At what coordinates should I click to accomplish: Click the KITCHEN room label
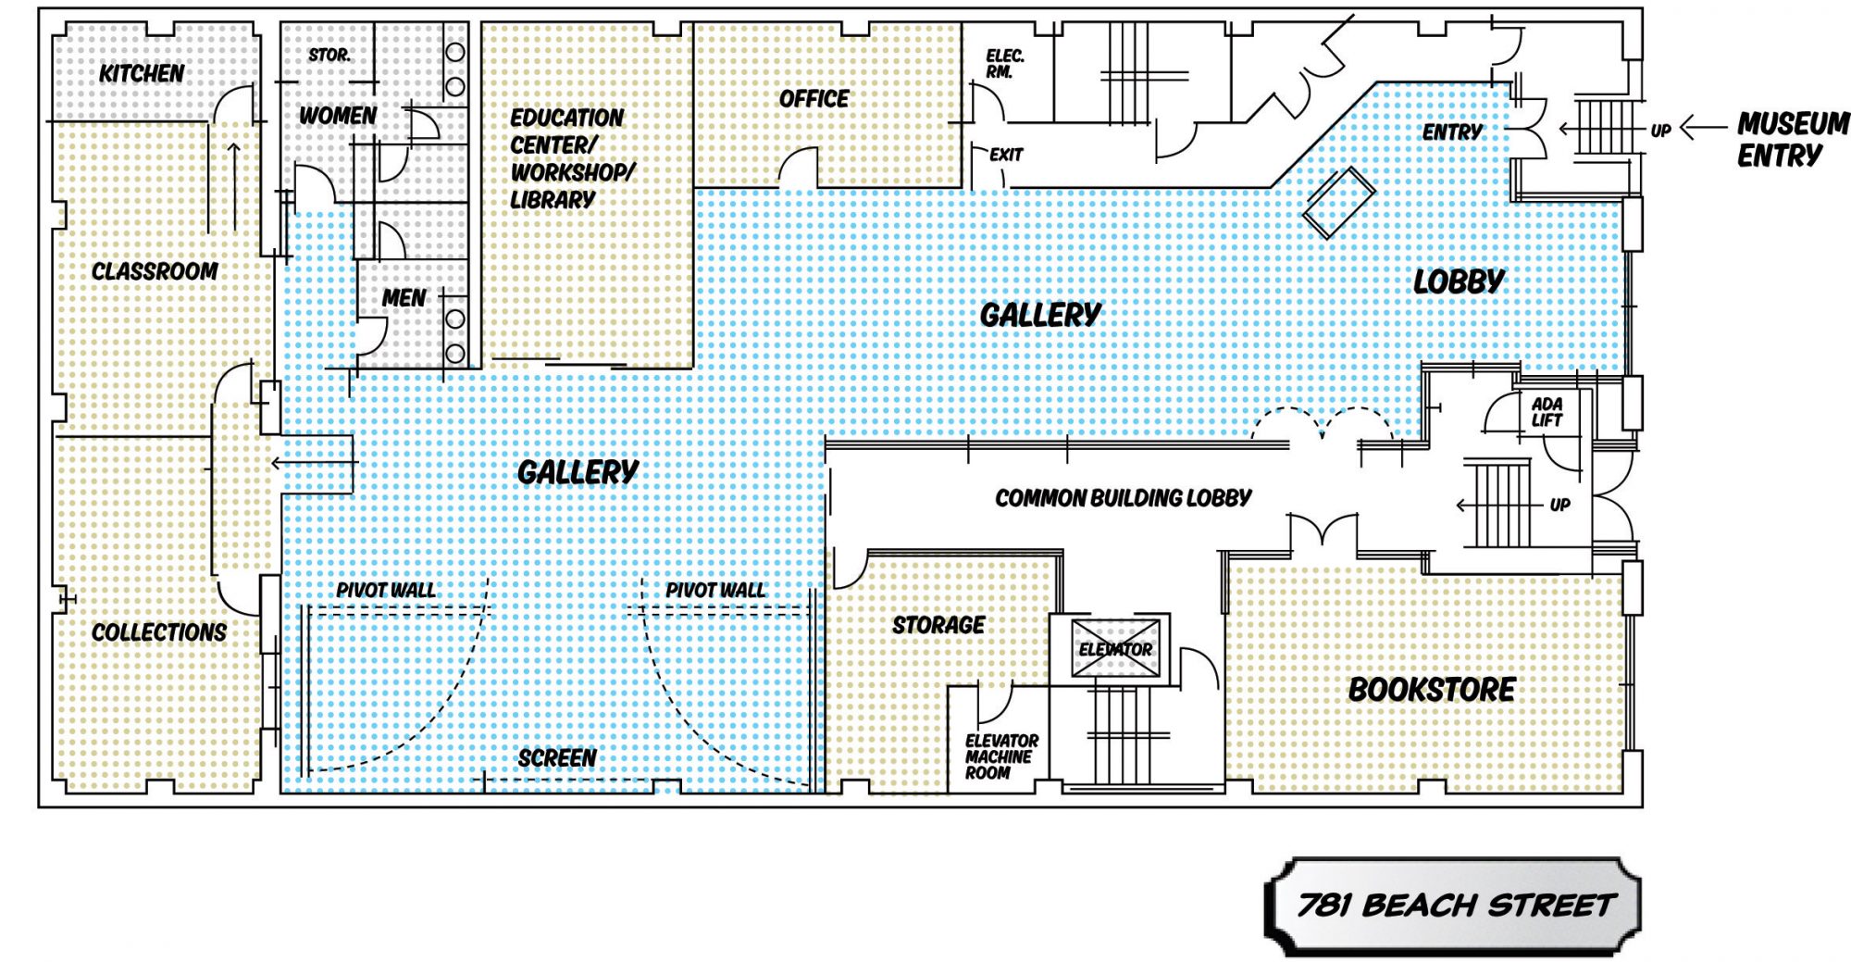pyautogui.click(x=142, y=73)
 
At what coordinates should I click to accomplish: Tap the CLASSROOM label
pyautogui.click(x=155, y=271)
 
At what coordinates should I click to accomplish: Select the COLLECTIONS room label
pyautogui.click(x=158, y=632)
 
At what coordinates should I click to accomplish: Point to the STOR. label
pyautogui.click(x=329, y=56)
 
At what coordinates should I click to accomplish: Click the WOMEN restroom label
pyautogui.click(x=337, y=116)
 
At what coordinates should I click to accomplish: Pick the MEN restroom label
pyautogui.click(x=404, y=298)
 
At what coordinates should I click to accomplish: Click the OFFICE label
pyautogui.click(x=814, y=99)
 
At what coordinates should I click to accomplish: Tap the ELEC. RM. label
pyautogui.click(x=1004, y=64)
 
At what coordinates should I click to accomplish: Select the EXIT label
pyautogui.click(x=1005, y=155)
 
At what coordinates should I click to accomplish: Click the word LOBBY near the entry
pyautogui.click(x=1459, y=281)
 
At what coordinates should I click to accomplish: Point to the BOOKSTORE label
pyautogui.click(x=1431, y=690)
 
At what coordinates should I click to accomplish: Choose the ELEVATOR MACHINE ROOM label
pyautogui.click(x=1000, y=756)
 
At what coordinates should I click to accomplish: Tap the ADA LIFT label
pyautogui.click(x=1547, y=412)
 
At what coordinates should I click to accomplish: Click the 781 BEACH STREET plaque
pyautogui.click(x=1453, y=906)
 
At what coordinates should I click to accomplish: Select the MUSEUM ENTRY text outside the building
pyautogui.click(x=1792, y=139)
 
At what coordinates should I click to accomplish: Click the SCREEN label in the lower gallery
pyautogui.click(x=556, y=758)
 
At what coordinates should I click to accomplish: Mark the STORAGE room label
pyautogui.click(x=938, y=625)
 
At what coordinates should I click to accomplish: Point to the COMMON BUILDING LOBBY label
pyautogui.click(x=1123, y=498)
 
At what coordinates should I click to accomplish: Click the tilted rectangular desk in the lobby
pyautogui.click(x=1338, y=203)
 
